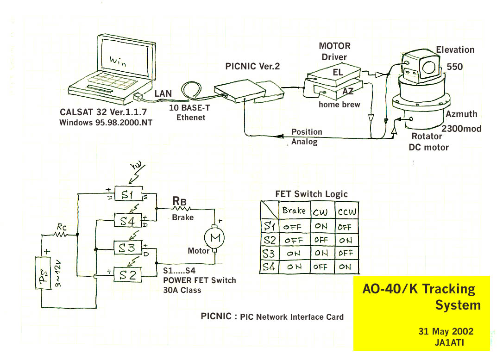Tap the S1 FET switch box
point(127,195)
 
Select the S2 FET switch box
point(128,275)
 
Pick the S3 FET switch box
point(127,248)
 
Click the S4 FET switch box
point(127,222)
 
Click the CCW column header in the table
point(347,211)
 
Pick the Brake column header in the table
point(294,211)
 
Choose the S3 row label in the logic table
point(269,254)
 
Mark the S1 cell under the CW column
point(321,227)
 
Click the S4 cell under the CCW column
point(346,267)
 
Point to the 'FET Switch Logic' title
point(311,194)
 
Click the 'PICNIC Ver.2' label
point(252,66)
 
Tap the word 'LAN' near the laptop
point(163,94)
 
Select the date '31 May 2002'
point(446,331)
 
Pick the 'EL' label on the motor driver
point(338,73)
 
